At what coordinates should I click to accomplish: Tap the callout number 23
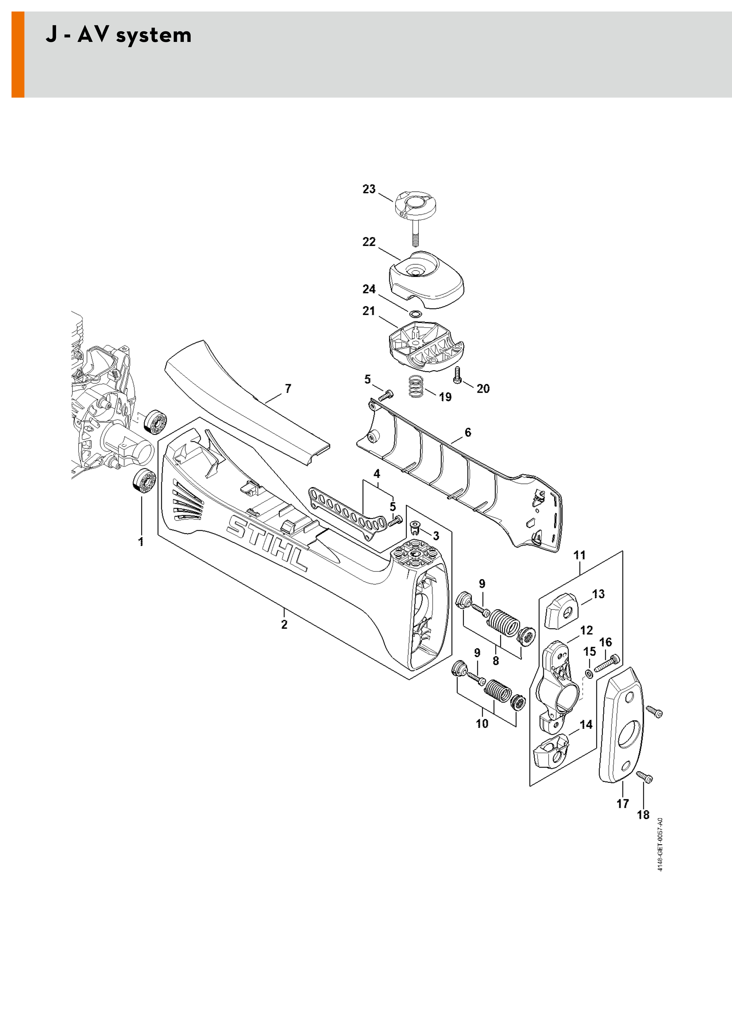[369, 189]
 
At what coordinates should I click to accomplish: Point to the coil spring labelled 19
[417, 386]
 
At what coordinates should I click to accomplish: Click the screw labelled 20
[458, 375]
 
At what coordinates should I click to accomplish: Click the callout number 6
[468, 432]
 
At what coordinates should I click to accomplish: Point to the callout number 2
[284, 624]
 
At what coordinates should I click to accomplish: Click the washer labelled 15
[589, 674]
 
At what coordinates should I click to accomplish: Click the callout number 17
[622, 804]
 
